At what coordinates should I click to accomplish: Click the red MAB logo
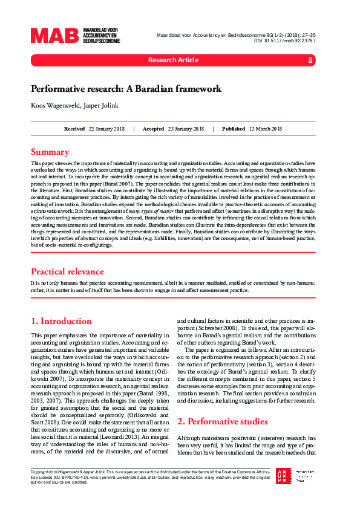coord(55,36)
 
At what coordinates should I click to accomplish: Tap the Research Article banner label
coord(173,60)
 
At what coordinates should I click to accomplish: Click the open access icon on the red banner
coord(310,60)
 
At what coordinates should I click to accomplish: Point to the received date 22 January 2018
coord(106,129)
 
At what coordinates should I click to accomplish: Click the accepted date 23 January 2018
coord(186,129)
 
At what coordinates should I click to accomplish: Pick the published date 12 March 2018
coord(266,129)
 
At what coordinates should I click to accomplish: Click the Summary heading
coord(50,152)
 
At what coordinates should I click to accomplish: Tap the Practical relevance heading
coord(67,271)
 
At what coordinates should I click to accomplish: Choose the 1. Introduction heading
coord(61,321)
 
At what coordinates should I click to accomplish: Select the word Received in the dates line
coord(74,129)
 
